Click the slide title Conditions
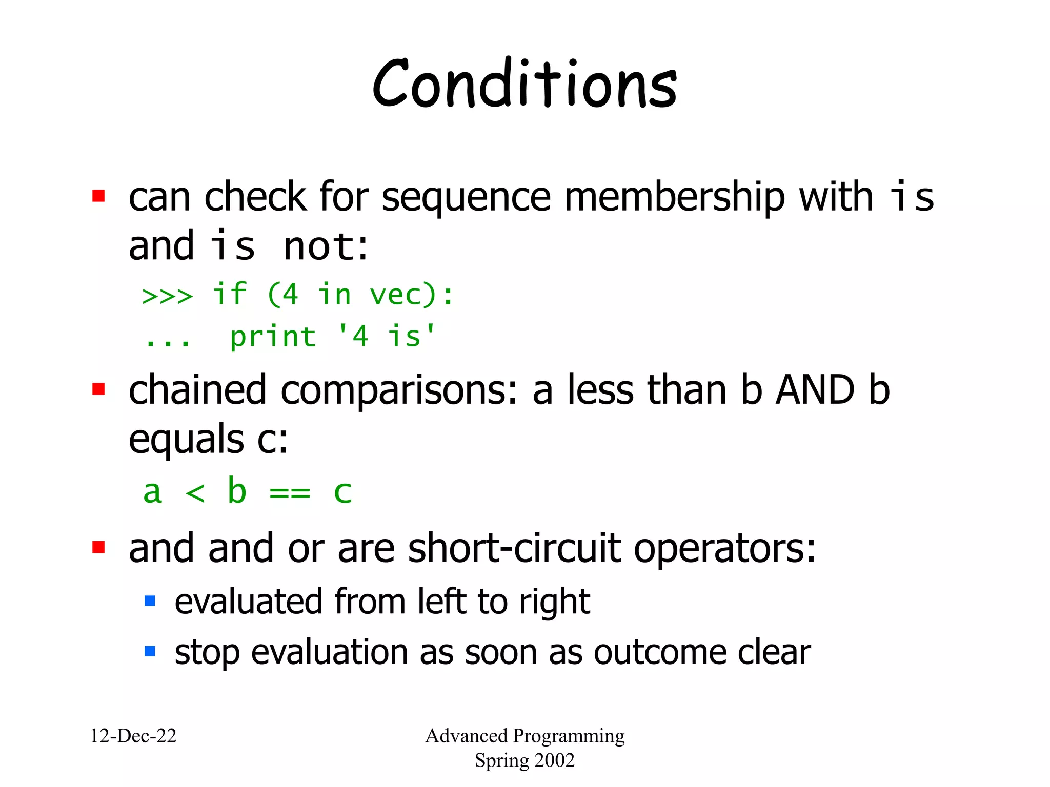524,85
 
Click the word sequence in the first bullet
466,197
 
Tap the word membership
674,197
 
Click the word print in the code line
273,337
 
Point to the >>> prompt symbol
167,296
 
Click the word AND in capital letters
815,390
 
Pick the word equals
186,440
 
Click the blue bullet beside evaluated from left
150,600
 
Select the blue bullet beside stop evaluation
150,651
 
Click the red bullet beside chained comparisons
98,389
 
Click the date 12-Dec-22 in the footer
133,736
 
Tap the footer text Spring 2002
524,760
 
